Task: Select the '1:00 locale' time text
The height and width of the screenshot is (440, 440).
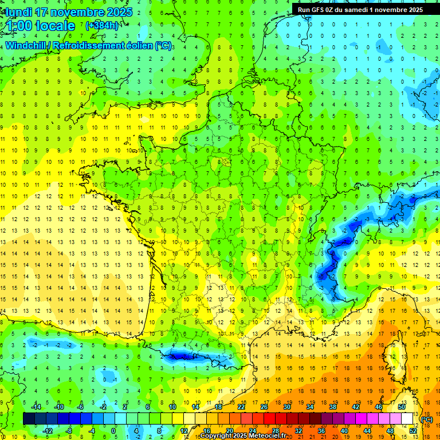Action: [x=40, y=26]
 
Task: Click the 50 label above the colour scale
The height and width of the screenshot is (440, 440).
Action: [x=402, y=407]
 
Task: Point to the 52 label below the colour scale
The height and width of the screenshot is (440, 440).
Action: [x=413, y=430]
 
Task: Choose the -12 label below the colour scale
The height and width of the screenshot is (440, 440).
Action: [x=48, y=430]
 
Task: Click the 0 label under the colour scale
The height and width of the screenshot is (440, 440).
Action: [x=113, y=430]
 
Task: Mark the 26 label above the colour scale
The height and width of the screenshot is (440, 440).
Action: [x=264, y=407]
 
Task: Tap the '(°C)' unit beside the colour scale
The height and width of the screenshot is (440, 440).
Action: [x=427, y=419]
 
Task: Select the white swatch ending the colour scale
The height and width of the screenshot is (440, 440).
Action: [x=407, y=419]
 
